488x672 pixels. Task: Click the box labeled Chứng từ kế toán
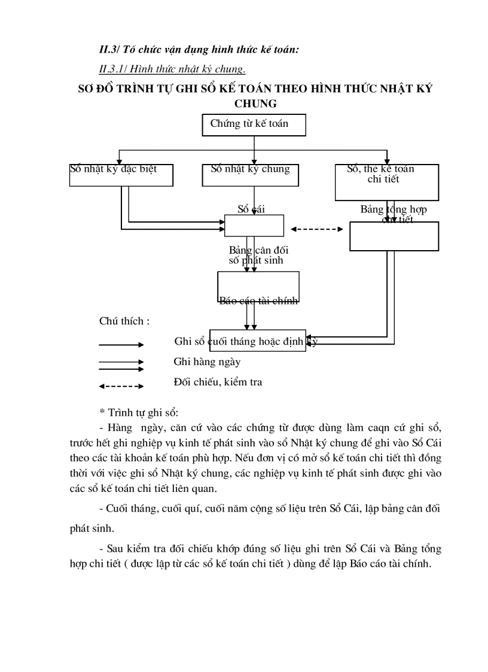[x=254, y=124]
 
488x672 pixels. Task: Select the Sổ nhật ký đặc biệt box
[x=121, y=174]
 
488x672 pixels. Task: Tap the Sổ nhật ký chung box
[x=250, y=174]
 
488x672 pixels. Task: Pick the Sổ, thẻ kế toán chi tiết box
[x=387, y=182]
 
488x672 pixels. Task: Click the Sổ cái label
[x=251, y=209]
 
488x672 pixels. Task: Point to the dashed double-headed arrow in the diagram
[x=316, y=229]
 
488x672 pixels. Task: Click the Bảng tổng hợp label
[x=393, y=209]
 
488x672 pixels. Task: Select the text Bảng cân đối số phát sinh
[x=258, y=256]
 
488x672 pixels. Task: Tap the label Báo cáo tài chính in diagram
[x=258, y=301]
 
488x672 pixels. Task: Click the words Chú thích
[x=124, y=321]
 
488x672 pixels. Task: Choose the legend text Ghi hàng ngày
[x=207, y=361]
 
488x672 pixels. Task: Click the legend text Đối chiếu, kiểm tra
[x=218, y=382]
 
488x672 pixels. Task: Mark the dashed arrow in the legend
[x=121, y=386]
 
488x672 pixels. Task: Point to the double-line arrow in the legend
[x=121, y=364]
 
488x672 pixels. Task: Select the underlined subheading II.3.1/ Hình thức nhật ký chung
[x=172, y=69]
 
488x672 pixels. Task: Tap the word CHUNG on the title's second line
[x=255, y=104]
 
